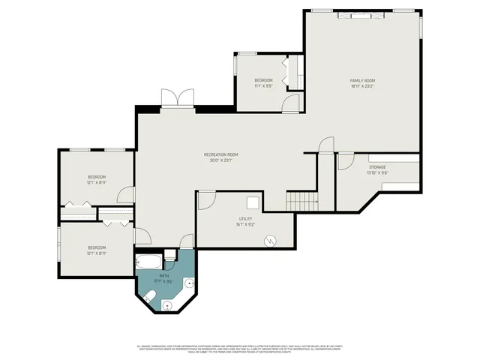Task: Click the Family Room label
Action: (362, 80)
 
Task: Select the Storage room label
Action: (376, 166)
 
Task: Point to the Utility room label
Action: (245, 217)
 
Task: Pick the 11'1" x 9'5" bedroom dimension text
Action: (262, 86)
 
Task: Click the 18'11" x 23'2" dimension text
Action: (362, 86)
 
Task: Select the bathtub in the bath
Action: (148, 262)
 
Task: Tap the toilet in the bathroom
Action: (150, 299)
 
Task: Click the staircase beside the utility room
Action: (302, 200)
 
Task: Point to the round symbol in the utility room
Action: (271, 241)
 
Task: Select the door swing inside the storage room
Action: (346, 160)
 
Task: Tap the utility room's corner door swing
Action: (205, 200)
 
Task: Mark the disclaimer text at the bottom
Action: (240, 349)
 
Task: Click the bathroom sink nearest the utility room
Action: (189, 283)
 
